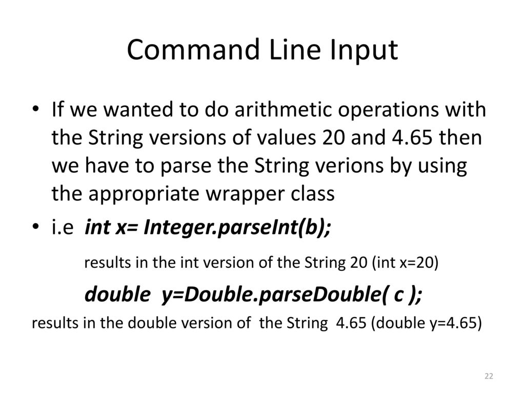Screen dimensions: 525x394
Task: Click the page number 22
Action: click(489, 376)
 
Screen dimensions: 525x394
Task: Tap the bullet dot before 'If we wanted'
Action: click(35, 109)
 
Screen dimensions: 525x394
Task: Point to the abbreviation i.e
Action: click(63, 227)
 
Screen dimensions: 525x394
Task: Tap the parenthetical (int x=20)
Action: click(405, 263)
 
